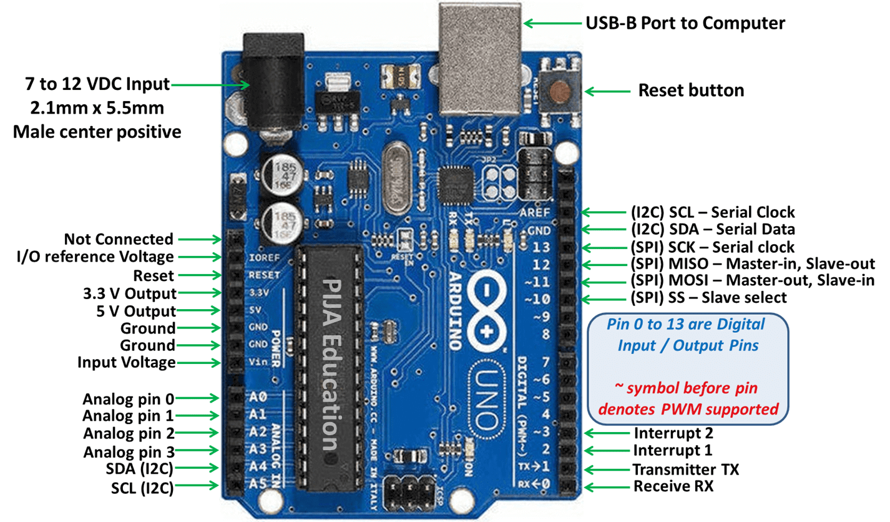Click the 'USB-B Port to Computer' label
pyautogui.click(x=684, y=23)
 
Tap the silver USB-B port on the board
pyautogui.click(x=478, y=59)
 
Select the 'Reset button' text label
pyautogui.click(x=691, y=91)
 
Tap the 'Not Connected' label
pyautogui.click(x=119, y=239)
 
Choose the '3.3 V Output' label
pyautogui.click(x=129, y=293)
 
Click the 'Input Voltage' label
pyautogui.click(x=126, y=363)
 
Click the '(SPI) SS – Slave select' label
pyautogui.click(x=709, y=298)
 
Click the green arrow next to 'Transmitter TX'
pyautogui.click(x=605, y=469)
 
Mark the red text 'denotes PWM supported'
pyautogui.click(x=688, y=410)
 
